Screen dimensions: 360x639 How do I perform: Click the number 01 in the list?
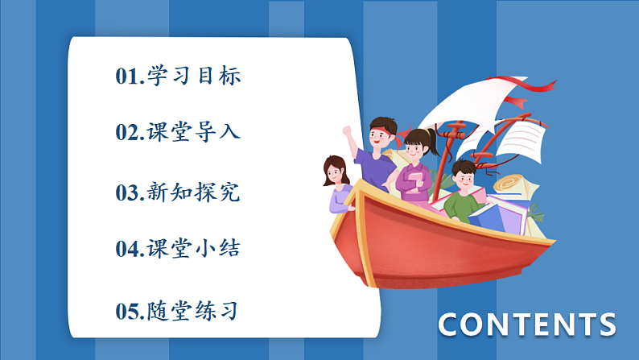(x=127, y=77)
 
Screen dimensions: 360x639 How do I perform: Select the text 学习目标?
(x=194, y=77)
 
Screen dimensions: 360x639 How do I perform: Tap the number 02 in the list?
(x=127, y=133)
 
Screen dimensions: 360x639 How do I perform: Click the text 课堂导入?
(x=194, y=132)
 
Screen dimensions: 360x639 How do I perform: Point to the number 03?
(x=127, y=193)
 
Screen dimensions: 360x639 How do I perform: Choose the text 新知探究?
(x=194, y=192)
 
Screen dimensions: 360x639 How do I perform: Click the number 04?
(x=127, y=250)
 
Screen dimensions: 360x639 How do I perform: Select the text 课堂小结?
(x=194, y=249)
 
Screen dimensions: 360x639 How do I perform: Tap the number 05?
(x=127, y=312)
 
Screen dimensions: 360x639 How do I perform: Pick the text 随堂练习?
(x=194, y=311)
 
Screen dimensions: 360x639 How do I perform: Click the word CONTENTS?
(x=527, y=325)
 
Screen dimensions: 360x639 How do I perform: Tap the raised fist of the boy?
(x=347, y=130)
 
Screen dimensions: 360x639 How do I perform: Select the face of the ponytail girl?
(x=415, y=151)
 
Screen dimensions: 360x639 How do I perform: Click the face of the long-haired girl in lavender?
(x=335, y=172)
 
